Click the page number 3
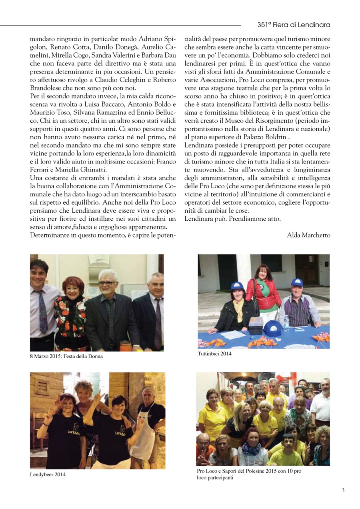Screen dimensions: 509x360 343,490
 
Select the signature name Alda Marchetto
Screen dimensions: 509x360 308,235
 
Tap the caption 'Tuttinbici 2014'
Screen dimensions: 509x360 214,354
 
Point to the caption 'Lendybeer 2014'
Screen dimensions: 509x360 48,475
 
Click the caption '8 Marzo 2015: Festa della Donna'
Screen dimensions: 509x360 66,356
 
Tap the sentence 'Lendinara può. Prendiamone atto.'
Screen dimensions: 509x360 233,219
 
